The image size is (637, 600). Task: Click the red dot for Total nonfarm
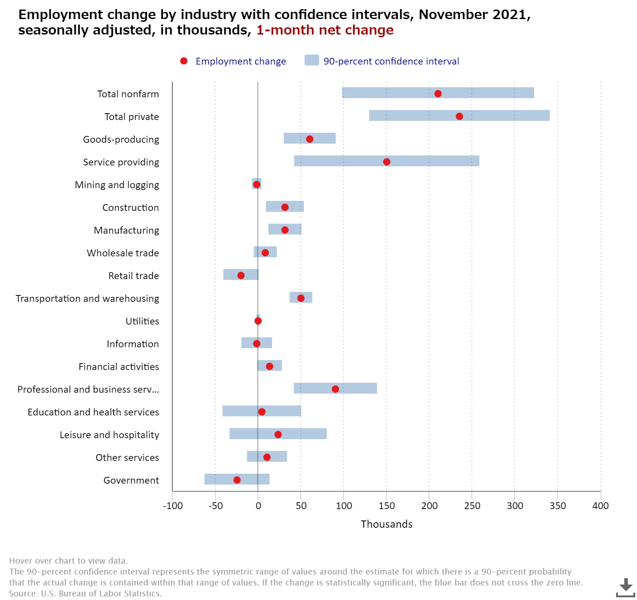[438, 94]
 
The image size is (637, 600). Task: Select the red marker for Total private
[459, 116]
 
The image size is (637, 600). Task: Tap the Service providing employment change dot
[387, 162]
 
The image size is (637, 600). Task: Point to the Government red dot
[237, 480]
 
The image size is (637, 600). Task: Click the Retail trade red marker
[241, 275]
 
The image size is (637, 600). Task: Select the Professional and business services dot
[335, 389]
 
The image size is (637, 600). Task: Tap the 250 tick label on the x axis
[472, 506]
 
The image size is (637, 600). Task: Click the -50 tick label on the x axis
[215, 506]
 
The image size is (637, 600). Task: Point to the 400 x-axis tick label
[601, 506]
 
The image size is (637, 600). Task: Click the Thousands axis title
[387, 524]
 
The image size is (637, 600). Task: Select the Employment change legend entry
[241, 61]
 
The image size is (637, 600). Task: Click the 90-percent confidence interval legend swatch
[312, 60]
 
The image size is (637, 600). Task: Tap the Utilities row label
[142, 321]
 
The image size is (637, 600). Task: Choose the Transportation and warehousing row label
[87, 299]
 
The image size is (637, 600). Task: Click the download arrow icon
[626, 587]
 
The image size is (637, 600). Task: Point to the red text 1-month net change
[325, 30]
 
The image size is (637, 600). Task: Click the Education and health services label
[93, 412]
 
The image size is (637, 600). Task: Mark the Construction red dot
[285, 207]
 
